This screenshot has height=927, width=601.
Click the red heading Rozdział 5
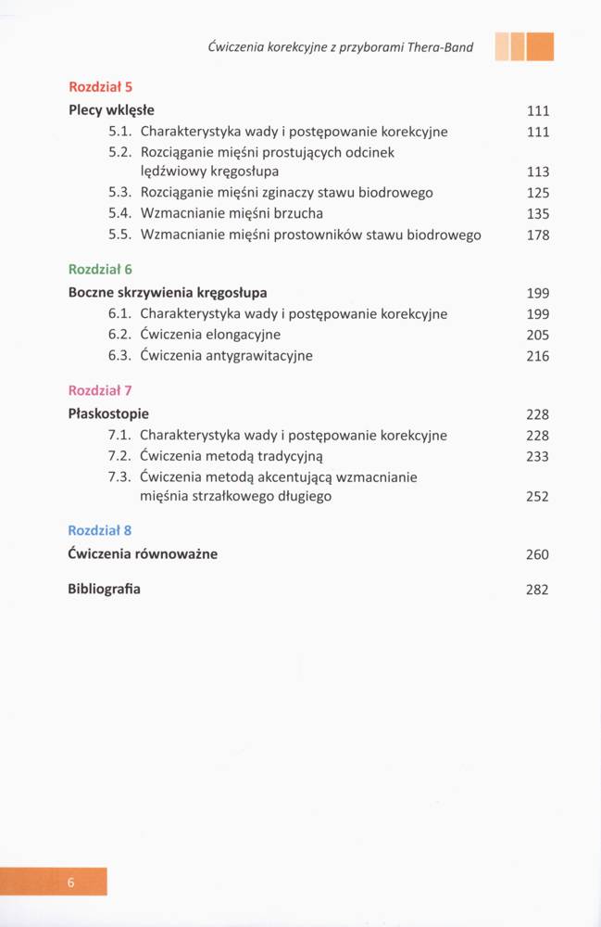101,87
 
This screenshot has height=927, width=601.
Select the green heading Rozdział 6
101,269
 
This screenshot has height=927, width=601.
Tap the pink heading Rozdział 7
101,390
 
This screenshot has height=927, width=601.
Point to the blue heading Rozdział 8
101,530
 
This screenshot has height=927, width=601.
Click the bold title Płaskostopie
108,413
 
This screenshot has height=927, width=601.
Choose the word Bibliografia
105,589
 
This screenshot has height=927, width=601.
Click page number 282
537,590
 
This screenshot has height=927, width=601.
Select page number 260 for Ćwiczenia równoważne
537,554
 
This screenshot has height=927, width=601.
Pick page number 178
537,235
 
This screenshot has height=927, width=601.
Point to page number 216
537,356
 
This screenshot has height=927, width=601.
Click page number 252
537,497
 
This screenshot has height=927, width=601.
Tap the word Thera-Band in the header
442,47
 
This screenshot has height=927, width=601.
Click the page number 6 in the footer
70,882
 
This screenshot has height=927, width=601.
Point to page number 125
537,193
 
